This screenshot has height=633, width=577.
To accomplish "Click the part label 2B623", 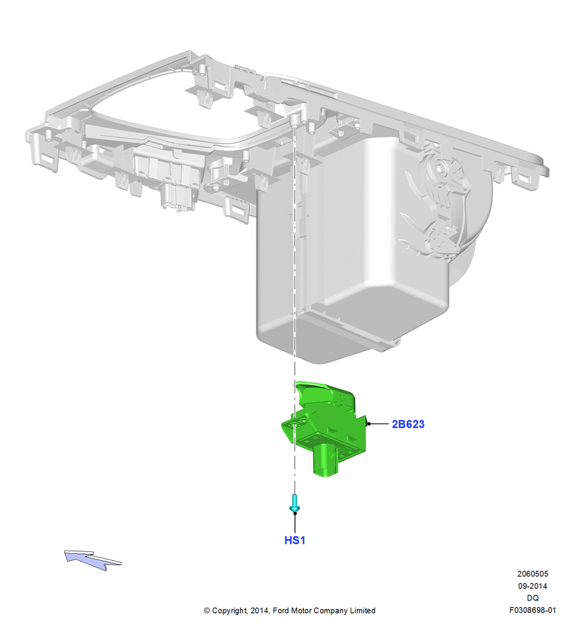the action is pos(408,424).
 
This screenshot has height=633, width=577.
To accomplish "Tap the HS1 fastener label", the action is pos(295,540).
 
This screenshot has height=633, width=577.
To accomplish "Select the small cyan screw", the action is pos(295,503).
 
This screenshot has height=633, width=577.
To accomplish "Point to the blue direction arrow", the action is pos(92,560).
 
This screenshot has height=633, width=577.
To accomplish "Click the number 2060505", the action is pos(533,573).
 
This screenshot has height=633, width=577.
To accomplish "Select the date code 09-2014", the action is pos(533,586).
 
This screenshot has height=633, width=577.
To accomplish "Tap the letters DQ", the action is pos(533,598).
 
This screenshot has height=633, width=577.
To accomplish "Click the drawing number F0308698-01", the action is pos(533,610).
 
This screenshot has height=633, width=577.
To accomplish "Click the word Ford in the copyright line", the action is pos(282,610).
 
